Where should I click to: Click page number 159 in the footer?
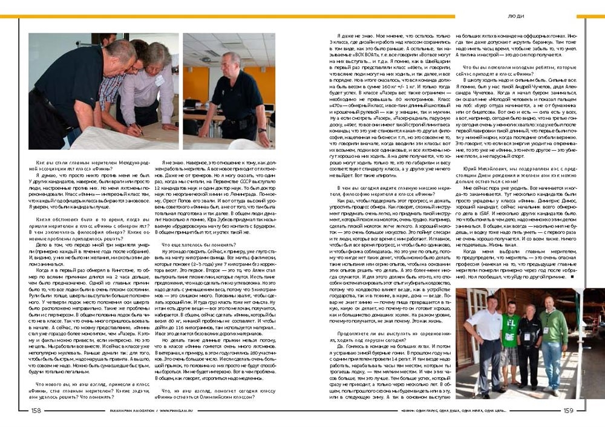[x=568, y=410]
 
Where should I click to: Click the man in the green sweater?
[x=553, y=339]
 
